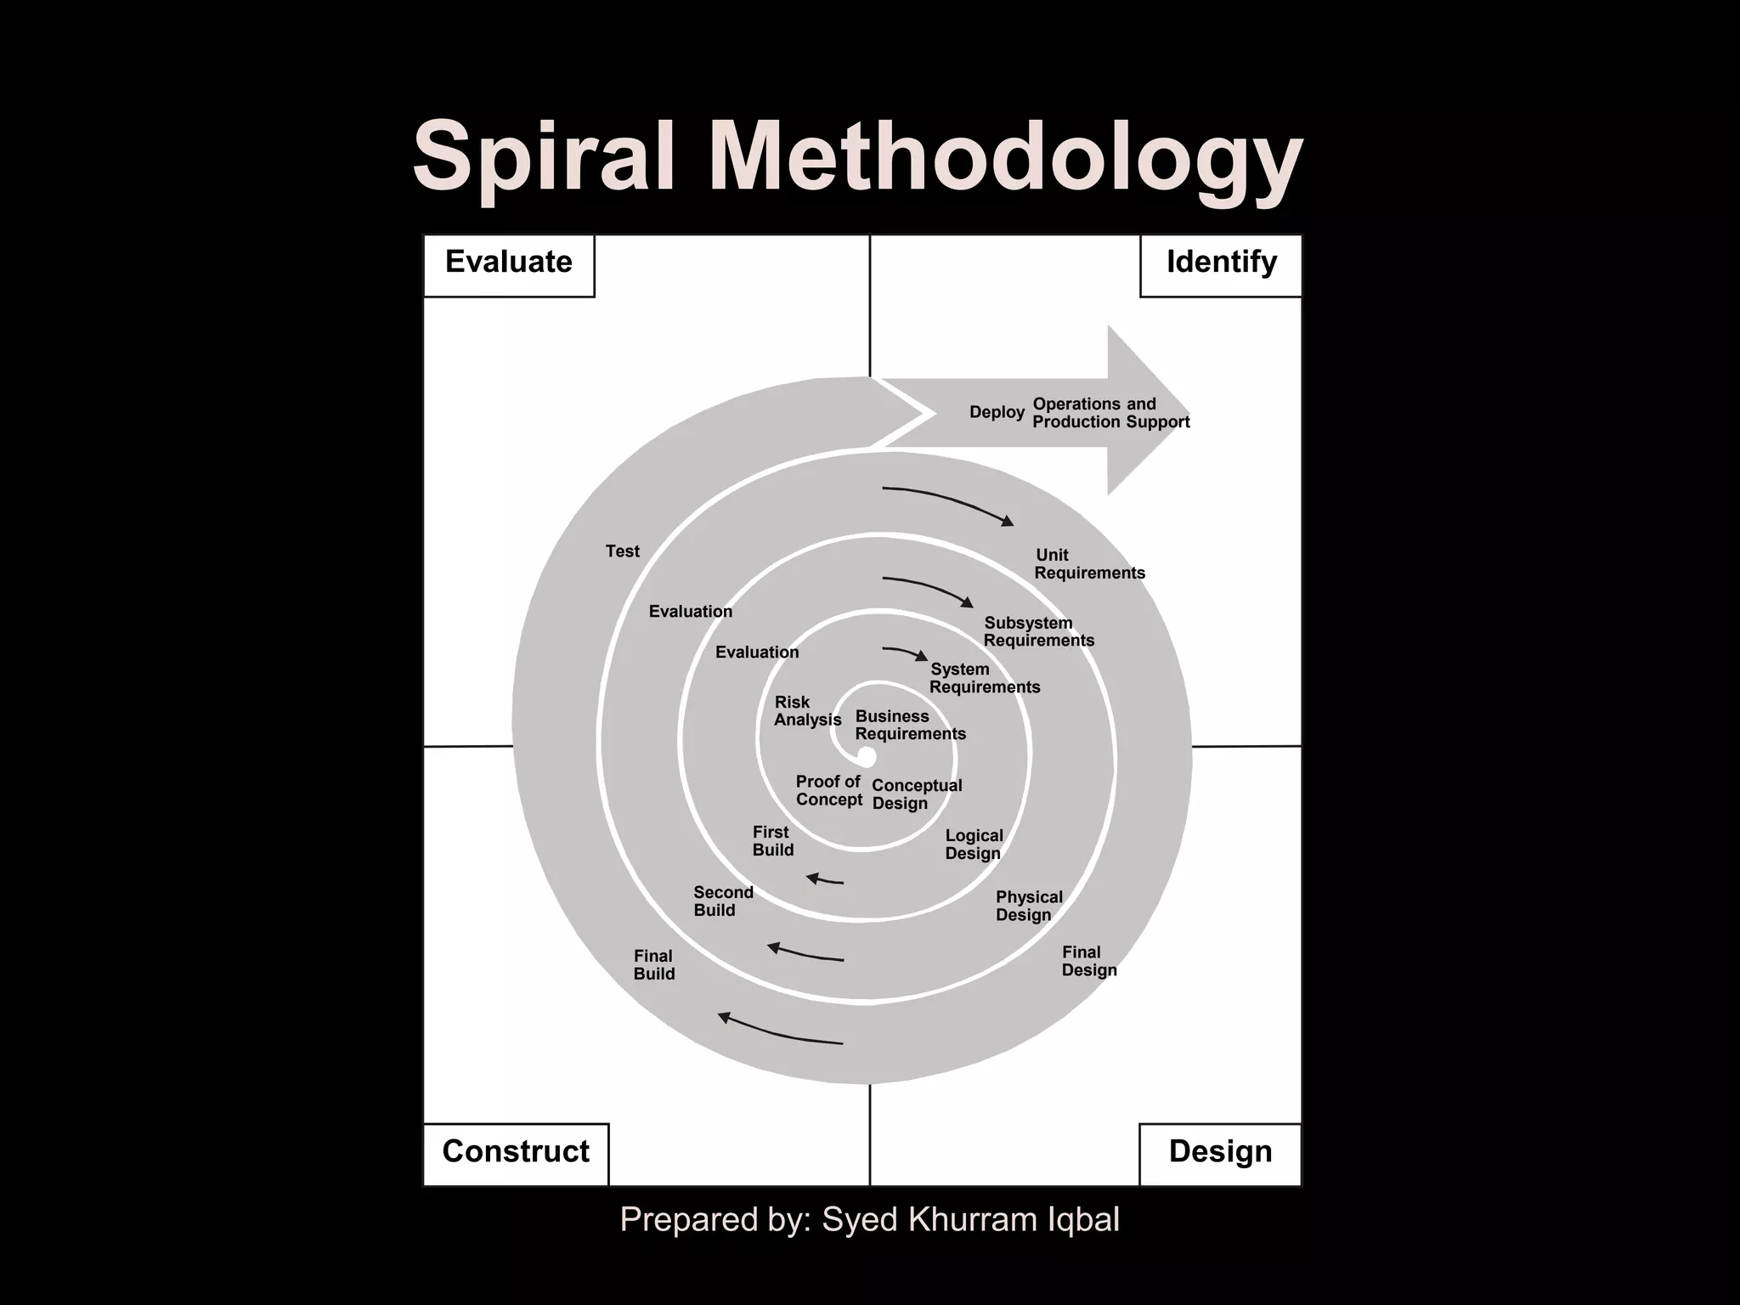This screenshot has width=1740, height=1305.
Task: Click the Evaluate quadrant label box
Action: tap(509, 265)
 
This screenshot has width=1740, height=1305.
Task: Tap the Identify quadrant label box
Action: tap(1221, 265)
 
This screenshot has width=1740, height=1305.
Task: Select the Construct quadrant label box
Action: tap(516, 1153)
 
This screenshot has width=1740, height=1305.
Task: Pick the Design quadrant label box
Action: tap(1220, 1153)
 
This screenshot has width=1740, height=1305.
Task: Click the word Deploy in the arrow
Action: tap(997, 413)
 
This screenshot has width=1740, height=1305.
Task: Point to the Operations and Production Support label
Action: tap(1110, 413)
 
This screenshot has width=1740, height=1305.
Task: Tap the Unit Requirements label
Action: tap(1089, 564)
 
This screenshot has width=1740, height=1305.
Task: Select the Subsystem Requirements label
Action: tap(1038, 632)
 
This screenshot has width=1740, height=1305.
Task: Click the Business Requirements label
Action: tap(910, 726)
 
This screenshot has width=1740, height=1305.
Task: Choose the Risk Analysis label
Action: tap(807, 711)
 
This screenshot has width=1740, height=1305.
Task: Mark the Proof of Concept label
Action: tap(828, 791)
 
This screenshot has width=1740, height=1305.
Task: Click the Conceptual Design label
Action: tap(916, 794)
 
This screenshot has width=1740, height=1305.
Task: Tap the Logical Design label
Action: tap(974, 845)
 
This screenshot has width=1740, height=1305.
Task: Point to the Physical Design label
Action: tap(1028, 906)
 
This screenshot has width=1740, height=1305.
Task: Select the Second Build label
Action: tap(723, 901)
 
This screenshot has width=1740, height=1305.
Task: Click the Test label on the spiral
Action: tap(622, 551)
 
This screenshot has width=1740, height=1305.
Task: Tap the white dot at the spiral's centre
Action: tap(867, 756)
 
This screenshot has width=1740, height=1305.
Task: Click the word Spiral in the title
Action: tap(544, 158)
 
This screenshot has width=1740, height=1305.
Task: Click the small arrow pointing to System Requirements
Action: tap(906, 652)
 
